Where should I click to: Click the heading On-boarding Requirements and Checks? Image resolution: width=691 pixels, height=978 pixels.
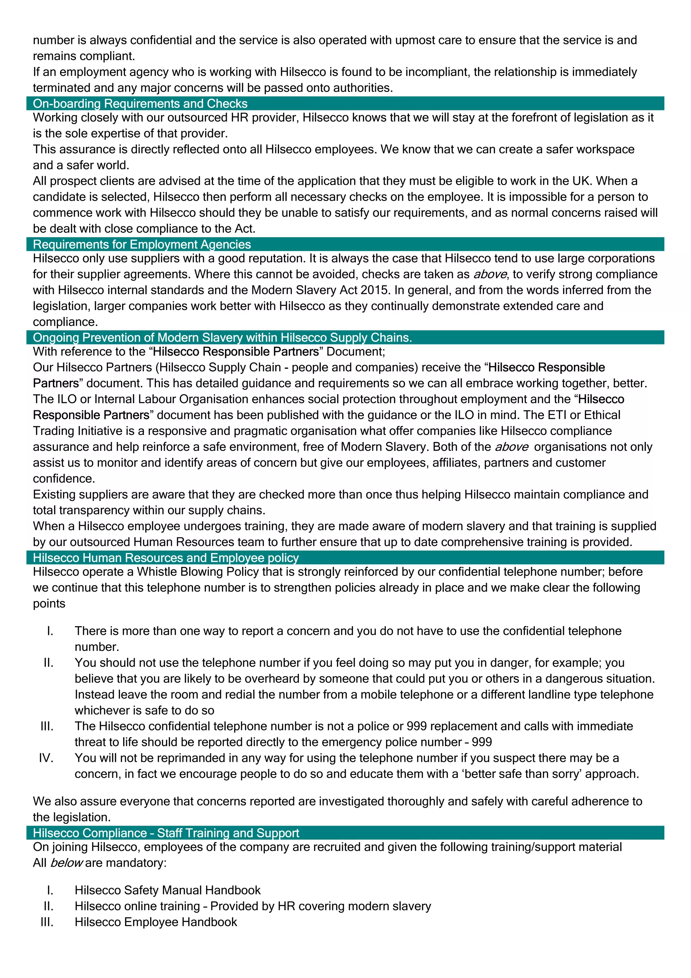[140, 104]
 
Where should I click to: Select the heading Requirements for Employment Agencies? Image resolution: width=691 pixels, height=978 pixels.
[142, 244]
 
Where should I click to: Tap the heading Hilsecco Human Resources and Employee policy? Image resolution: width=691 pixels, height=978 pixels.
[166, 558]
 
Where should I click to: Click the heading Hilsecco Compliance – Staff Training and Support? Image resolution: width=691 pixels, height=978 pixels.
[166, 833]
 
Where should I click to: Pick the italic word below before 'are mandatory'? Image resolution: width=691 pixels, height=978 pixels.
[66, 863]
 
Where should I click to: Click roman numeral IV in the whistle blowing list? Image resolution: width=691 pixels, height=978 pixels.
[46, 758]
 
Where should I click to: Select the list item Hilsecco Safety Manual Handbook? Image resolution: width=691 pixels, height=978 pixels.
[167, 890]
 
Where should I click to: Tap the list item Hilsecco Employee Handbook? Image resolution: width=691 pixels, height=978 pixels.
[156, 922]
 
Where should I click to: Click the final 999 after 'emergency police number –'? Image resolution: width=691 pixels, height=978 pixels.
[482, 742]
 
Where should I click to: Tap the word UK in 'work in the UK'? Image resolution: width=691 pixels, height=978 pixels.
[582, 181]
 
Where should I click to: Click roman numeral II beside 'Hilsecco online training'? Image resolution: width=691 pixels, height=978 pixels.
[48, 906]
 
